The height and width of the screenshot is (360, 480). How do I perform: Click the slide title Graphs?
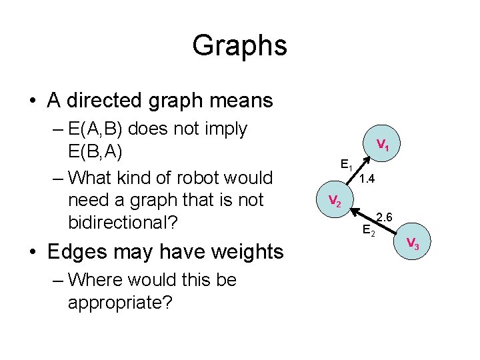tap(239, 46)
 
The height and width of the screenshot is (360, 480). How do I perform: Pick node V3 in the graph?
tap(412, 243)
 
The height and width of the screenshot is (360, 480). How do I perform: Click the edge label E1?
tap(346, 164)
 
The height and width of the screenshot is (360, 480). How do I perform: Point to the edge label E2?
tap(368, 231)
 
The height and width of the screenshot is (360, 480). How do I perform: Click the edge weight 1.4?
tap(367, 179)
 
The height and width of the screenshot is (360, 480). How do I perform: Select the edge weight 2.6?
tap(385, 217)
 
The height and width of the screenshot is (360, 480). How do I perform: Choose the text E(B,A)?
tap(95, 151)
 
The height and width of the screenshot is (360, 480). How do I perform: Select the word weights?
tap(247, 252)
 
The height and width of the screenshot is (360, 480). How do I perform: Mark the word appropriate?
tap(120, 303)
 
